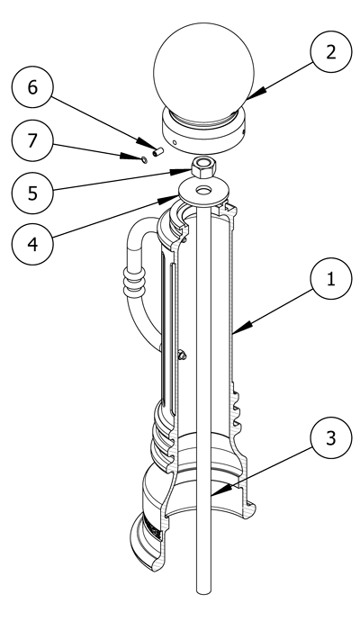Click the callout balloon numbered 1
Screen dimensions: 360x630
coord(331,278)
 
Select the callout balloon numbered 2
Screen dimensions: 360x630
coord(331,52)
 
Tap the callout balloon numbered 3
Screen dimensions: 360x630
coord(331,438)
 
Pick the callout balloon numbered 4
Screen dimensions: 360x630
coord(32,244)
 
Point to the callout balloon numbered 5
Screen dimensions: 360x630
coord(32,193)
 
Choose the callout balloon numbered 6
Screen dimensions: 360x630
coord(32,86)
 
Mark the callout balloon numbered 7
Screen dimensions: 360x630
coord(32,140)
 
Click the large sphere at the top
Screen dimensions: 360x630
coord(203,71)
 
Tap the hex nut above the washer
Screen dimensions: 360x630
coord(204,166)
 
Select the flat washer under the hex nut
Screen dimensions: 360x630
coord(204,191)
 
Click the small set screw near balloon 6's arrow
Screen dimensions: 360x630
coord(158,152)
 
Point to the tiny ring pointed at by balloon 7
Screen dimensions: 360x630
coord(144,160)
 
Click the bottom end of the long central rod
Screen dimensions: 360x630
coord(204,591)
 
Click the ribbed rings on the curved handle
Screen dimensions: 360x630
coord(134,283)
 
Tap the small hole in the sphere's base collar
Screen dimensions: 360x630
coord(174,142)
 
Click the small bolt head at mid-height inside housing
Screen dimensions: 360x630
coord(182,355)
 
